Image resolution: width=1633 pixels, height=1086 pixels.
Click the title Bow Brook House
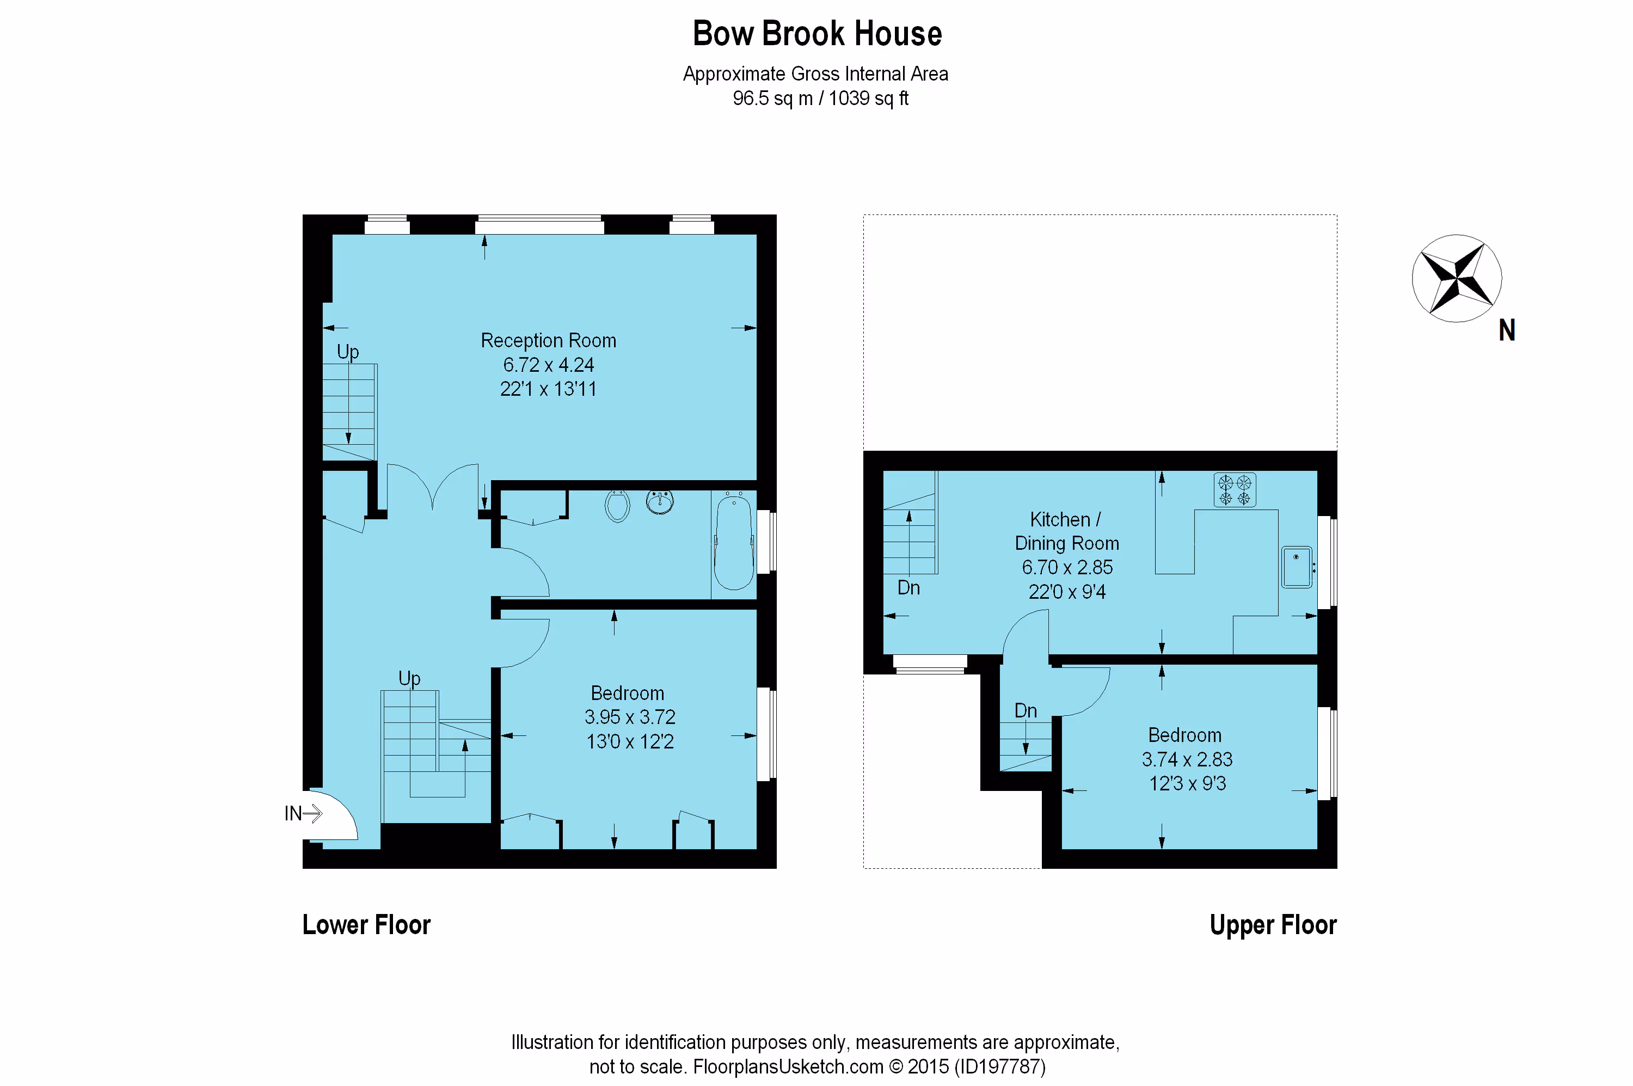click(x=816, y=33)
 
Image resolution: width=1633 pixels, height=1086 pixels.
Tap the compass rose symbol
click(x=1457, y=278)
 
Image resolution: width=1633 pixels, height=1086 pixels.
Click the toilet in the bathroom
click(x=617, y=506)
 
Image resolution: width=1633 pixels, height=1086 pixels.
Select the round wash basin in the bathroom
click(x=660, y=501)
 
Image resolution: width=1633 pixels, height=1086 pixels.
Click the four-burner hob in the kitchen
click(x=1234, y=490)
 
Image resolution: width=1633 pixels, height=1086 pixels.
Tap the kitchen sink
click(x=1297, y=567)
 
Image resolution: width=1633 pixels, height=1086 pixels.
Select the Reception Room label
click(x=549, y=341)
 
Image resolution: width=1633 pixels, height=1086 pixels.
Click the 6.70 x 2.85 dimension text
click(x=1067, y=567)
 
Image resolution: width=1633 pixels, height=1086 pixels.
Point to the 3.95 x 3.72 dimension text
click(x=629, y=717)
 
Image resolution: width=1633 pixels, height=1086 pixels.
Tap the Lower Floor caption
click(x=366, y=925)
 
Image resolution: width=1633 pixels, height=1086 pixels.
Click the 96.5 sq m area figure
click(x=772, y=99)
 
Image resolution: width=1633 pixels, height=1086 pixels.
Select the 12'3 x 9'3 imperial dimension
click(x=1187, y=783)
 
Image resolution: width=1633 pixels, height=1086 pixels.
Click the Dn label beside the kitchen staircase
click(x=908, y=588)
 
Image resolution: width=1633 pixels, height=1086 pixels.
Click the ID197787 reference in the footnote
click(x=1000, y=1066)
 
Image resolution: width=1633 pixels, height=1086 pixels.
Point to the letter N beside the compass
click(x=1507, y=330)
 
